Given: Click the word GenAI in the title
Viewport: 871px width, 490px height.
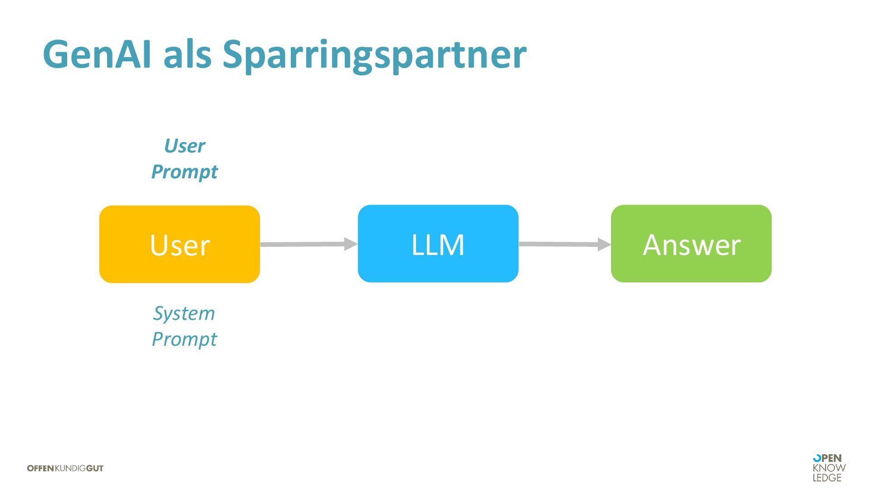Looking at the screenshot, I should click(x=97, y=54).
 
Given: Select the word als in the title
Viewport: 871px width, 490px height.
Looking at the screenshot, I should click(x=187, y=54).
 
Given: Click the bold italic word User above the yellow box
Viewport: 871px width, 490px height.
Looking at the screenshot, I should click(x=184, y=146).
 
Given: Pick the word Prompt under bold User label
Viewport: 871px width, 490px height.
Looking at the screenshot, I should click(x=184, y=172).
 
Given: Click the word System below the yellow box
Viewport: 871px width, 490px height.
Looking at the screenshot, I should click(x=184, y=314).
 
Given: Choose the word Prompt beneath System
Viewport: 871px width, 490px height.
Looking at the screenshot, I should click(x=184, y=339).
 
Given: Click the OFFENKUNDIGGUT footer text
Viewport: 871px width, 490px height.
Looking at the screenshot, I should click(x=65, y=468).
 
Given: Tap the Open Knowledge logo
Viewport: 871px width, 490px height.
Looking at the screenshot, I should click(x=829, y=468).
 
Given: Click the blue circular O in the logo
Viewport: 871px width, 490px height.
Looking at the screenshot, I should click(x=817, y=458).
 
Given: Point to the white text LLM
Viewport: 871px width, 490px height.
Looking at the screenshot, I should click(x=438, y=245).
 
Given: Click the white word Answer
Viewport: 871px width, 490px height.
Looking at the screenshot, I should click(x=691, y=245).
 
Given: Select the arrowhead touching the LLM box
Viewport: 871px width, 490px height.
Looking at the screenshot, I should click(x=351, y=244).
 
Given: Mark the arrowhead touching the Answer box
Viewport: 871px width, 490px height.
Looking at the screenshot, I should click(x=604, y=245).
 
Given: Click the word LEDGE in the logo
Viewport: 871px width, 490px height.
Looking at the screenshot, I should click(x=827, y=478).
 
